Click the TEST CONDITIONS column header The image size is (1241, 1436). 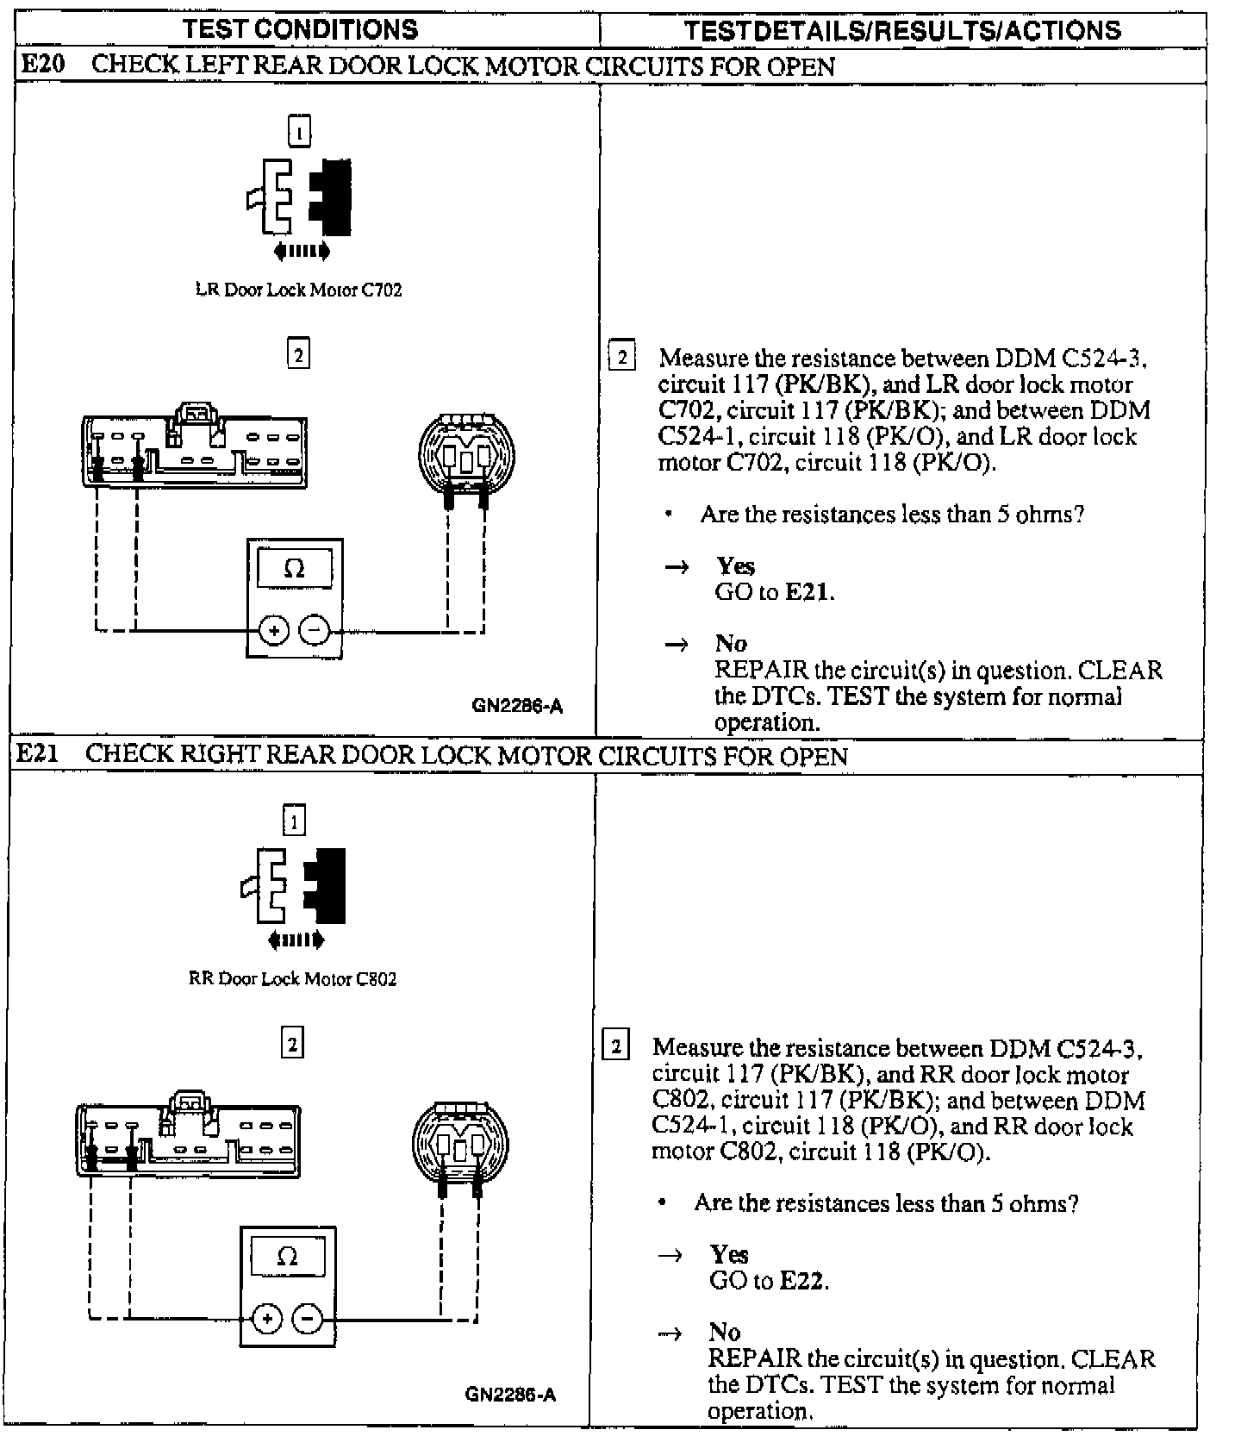(300, 29)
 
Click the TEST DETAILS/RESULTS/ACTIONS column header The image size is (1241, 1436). (902, 30)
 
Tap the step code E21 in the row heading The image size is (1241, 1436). (39, 754)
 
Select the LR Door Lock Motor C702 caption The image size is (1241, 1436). (299, 290)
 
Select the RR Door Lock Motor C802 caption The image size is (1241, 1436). (292, 978)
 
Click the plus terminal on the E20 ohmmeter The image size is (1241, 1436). (274, 631)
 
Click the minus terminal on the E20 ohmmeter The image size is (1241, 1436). (315, 631)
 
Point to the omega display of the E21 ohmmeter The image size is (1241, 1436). (288, 1257)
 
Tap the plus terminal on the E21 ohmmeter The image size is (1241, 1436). (267, 1319)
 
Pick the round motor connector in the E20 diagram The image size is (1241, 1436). (466, 454)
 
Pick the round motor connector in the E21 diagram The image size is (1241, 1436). (460, 1143)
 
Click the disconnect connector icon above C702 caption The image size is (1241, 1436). (299, 197)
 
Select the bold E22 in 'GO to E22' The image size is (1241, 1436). (803, 1281)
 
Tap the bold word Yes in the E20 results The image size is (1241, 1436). (735, 566)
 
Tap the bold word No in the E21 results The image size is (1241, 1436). (725, 1332)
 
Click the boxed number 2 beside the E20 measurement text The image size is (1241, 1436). (622, 356)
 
